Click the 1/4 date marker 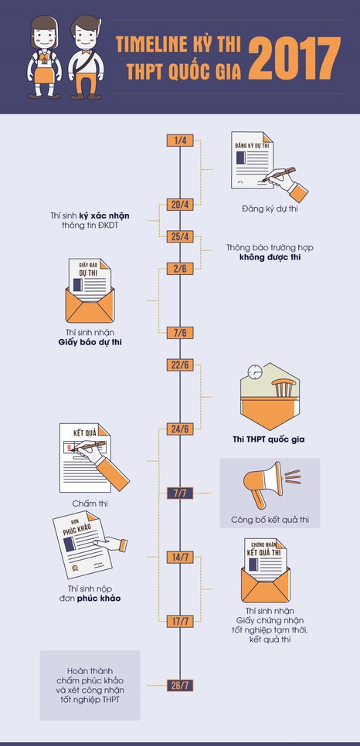(x=180, y=141)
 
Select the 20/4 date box (x=180, y=205)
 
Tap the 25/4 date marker (x=180, y=237)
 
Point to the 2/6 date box (x=180, y=269)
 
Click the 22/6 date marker (x=180, y=365)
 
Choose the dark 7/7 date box (x=180, y=493)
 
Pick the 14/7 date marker (x=180, y=558)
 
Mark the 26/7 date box (x=180, y=686)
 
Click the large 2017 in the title (x=294, y=58)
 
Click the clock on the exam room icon (x=255, y=372)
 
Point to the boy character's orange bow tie (x=86, y=52)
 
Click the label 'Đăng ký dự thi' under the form (x=270, y=209)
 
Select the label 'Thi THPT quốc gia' (x=269, y=439)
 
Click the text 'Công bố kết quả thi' (x=270, y=520)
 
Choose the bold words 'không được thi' (x=270, y=257)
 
